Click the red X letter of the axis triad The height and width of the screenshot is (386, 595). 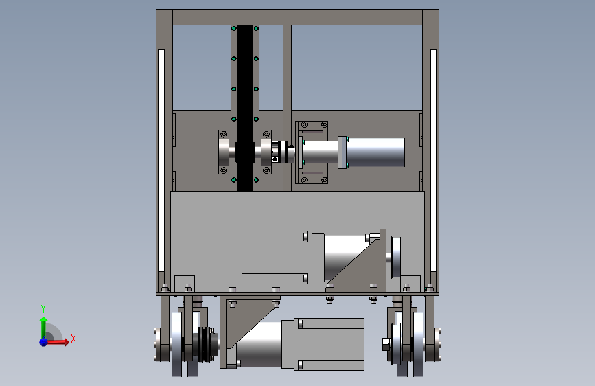tap(73, 339)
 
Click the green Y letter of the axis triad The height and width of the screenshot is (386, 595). tap(43, 309)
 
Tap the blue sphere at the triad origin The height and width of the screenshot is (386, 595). tap(44, 342)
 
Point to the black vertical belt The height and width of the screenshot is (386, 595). tap(245, 109)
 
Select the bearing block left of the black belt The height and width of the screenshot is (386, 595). tap(224, 152)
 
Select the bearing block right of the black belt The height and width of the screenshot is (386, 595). tap(266, 152)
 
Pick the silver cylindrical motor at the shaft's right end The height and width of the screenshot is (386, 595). tap(375, 152)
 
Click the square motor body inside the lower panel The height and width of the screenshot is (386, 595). tap(277, 257)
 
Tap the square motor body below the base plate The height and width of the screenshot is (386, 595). tap(329, 344)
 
